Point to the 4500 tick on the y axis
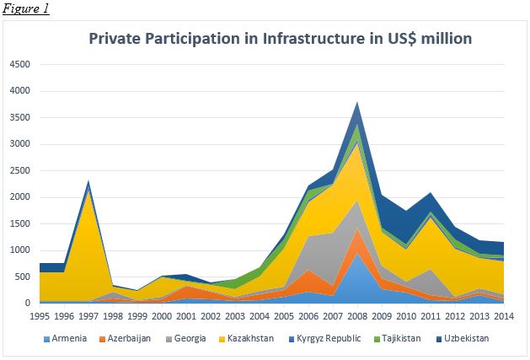tap(19, 64)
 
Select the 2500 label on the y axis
tap(19, 170)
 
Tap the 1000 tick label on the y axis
tap(19, 250)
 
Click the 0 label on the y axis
tap(27, 304)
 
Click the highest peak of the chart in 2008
tap(358, 103)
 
